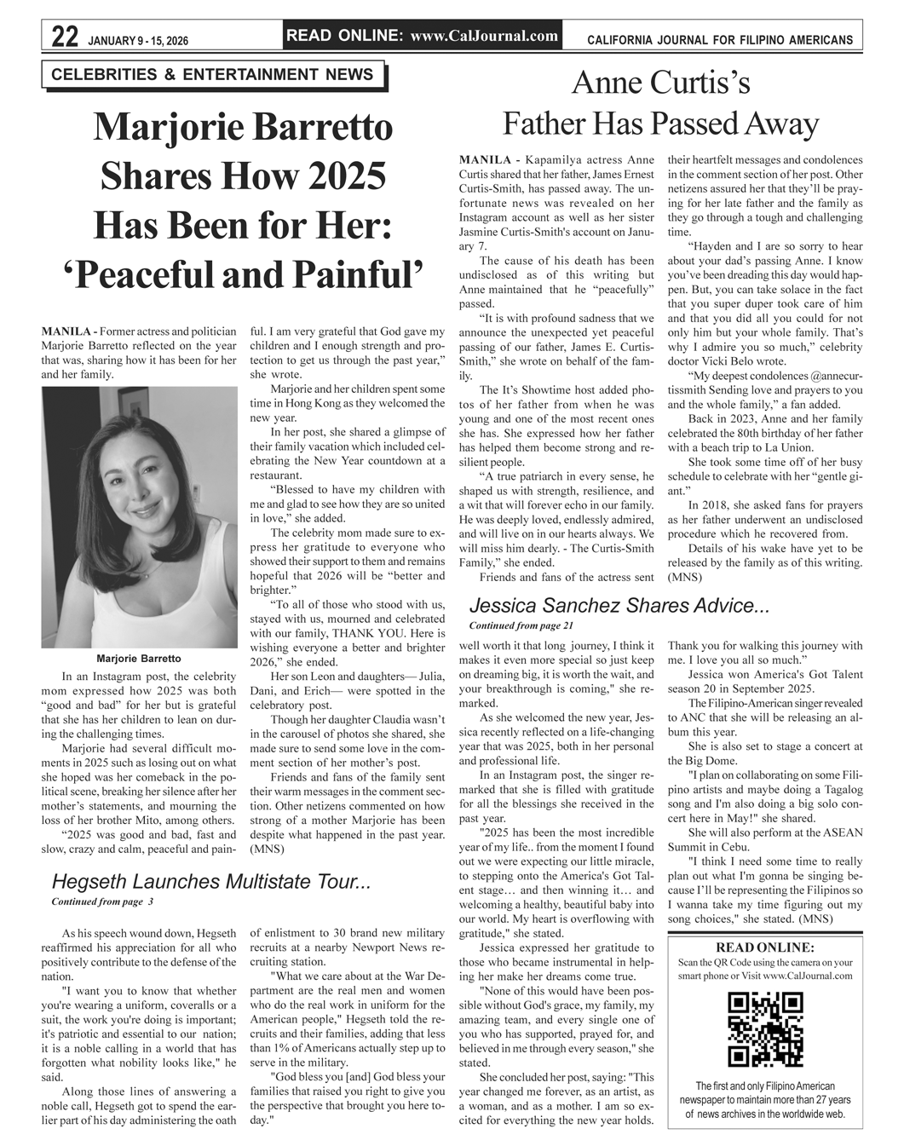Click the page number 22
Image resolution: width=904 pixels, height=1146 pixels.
[65, 37]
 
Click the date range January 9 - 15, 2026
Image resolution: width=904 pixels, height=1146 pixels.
[138, 40]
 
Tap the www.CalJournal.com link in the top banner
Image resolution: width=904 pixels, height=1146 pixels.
[484, 36]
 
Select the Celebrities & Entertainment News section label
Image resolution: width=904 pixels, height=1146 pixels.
[212, 75]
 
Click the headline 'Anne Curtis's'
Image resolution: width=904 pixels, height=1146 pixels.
[660, 83]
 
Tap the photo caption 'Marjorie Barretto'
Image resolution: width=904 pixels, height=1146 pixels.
[139, 659]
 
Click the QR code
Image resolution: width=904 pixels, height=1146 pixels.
[765, 1030]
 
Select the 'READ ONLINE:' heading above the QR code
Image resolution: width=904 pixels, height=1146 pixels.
[765, 947]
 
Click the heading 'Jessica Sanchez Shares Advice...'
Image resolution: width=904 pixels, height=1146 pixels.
[619, 606]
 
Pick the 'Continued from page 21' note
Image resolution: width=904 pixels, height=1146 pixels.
[515, 626]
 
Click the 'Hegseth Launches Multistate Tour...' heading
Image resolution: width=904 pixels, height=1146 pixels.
[210, 881]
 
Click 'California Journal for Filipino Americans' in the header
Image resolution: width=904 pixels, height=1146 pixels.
[720, 40]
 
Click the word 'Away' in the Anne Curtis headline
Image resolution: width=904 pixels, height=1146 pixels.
[780, 124]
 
